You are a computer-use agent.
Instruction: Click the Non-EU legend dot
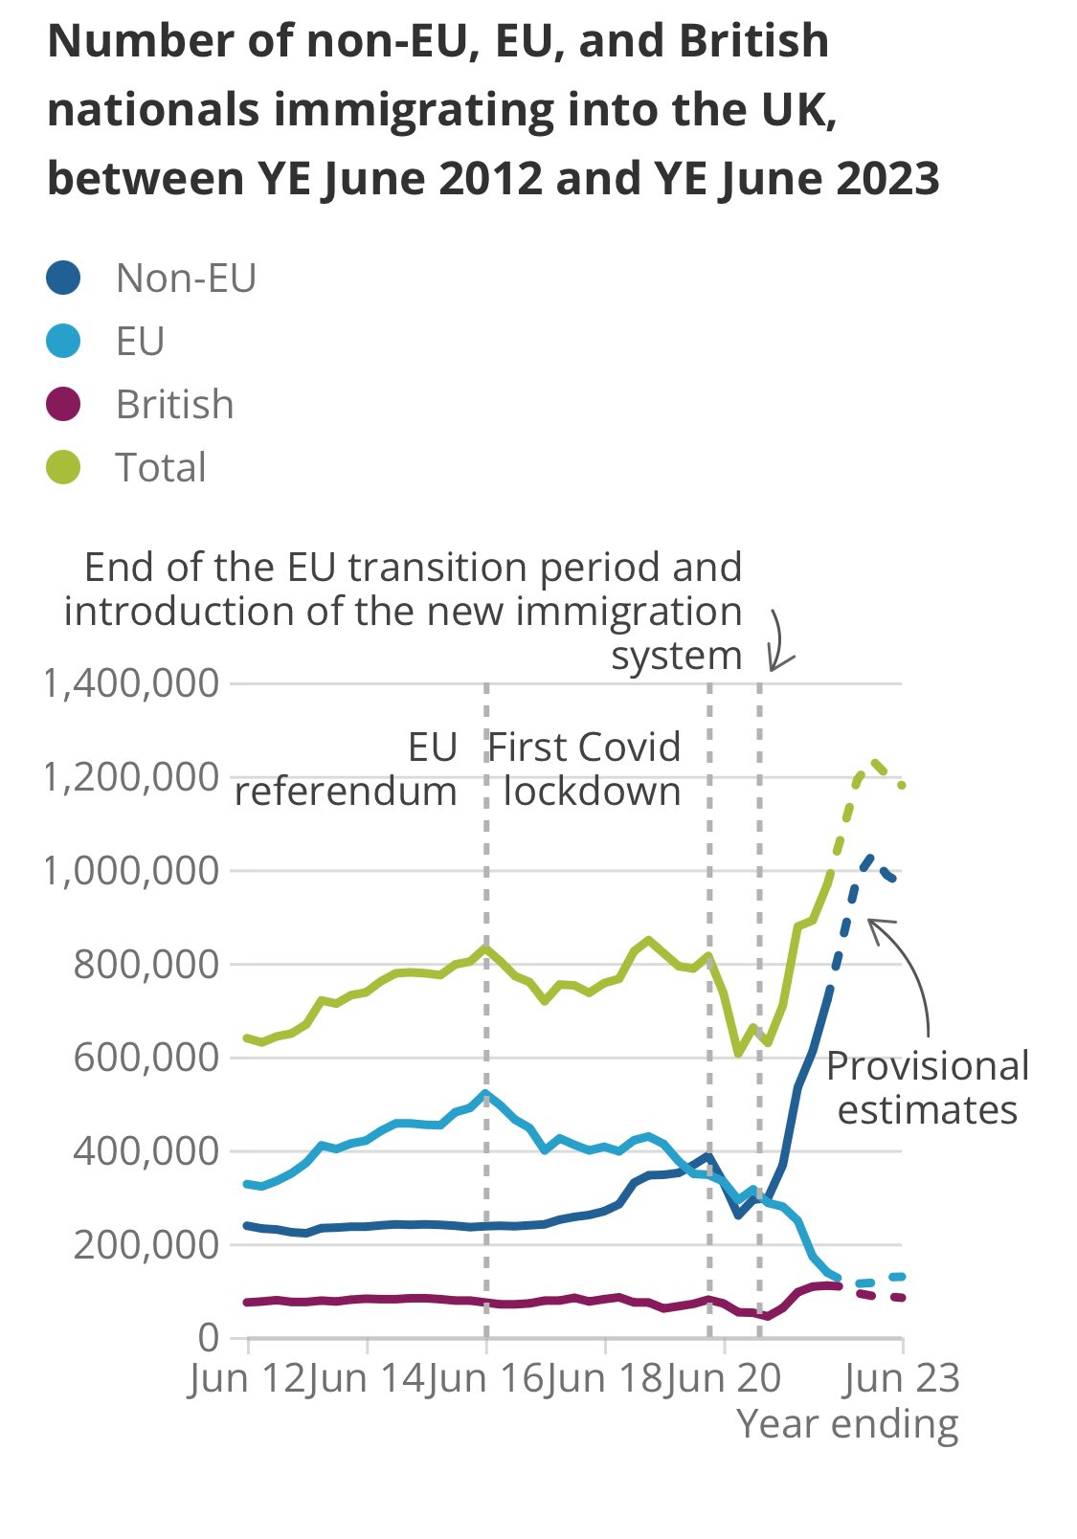64,279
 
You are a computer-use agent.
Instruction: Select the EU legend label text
140,342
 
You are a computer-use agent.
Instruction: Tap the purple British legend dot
64,405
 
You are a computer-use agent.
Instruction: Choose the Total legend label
160,468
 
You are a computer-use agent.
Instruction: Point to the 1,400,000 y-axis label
131,684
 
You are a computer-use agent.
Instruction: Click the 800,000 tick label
146,965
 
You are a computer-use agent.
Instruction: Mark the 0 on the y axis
208,1337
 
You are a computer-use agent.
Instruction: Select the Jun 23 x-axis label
902,1379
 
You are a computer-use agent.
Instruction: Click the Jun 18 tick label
604,1379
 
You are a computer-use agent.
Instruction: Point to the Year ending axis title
847,1424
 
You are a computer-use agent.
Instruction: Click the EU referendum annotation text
347,769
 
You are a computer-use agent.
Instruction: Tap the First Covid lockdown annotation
586,769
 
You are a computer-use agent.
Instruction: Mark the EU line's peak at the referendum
486,1093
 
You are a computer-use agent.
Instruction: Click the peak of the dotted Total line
875,763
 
